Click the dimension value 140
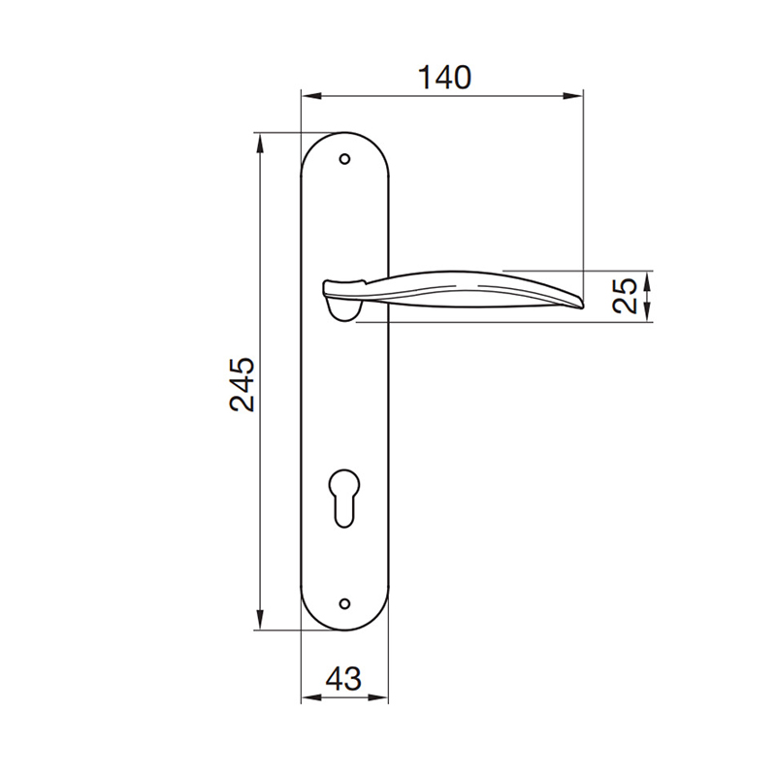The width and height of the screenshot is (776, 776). (444, 77)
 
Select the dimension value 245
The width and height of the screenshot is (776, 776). (242, 384)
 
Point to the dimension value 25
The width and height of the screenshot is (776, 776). (628, 295)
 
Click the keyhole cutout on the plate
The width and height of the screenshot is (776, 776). (343, 495)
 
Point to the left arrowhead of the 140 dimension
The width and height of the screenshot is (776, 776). (308, 95)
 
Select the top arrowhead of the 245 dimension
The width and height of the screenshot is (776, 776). (260, 141)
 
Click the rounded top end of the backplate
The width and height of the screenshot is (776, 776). (344, 136)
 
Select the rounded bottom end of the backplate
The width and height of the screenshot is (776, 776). (344, 626)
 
